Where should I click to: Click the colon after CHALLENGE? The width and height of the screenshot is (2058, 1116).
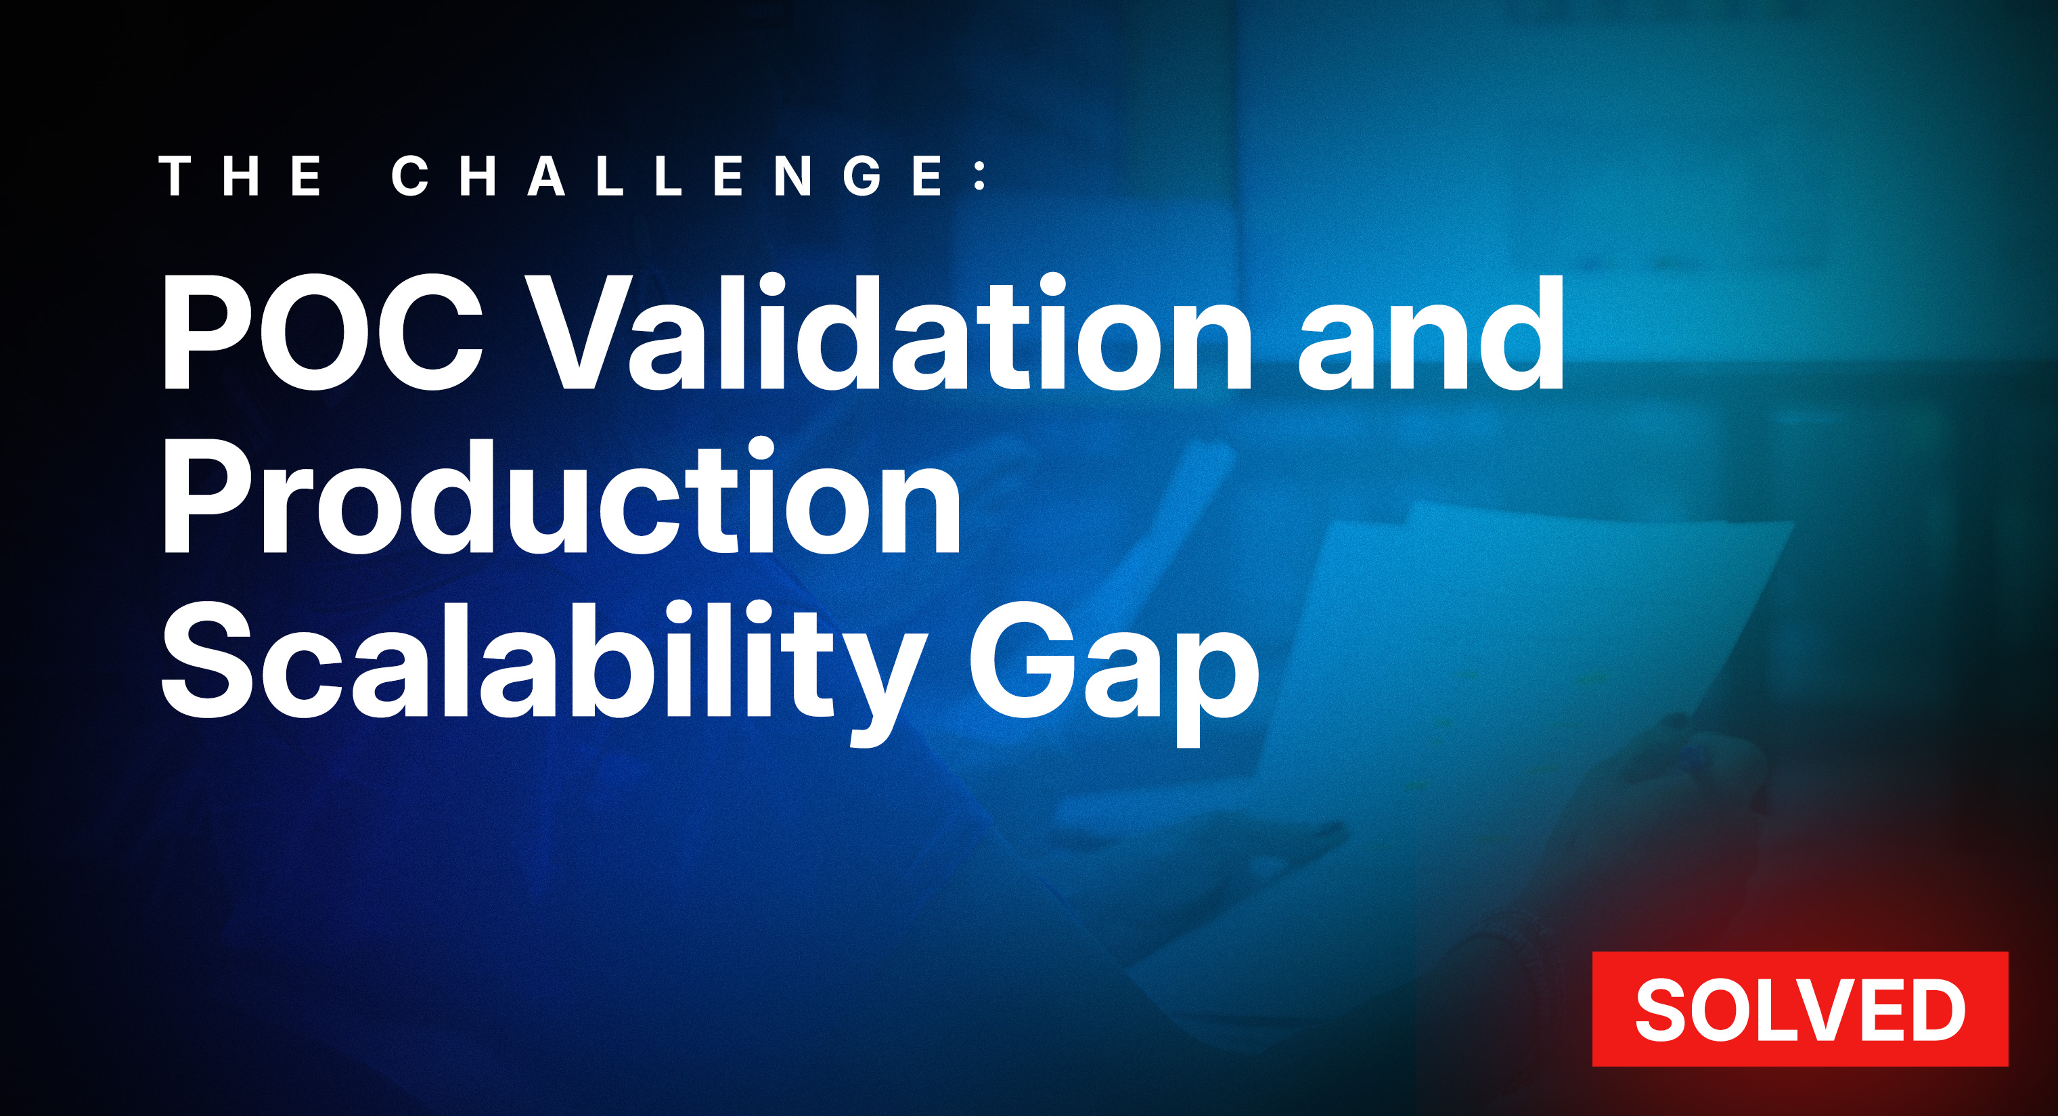point(981,176)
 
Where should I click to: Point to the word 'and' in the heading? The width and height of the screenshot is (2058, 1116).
point(1430,334)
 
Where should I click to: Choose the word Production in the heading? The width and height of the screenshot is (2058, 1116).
point(562,497)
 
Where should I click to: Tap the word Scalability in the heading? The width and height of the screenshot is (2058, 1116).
point(543,663)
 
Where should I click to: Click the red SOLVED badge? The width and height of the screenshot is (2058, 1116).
point(1799,1008)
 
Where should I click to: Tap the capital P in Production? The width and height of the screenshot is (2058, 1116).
point(200,497)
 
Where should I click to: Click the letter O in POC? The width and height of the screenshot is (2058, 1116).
point(315,334)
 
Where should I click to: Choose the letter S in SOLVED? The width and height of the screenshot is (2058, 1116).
point(1663,1009)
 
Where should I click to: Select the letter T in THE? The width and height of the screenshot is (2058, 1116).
point(180,176)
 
